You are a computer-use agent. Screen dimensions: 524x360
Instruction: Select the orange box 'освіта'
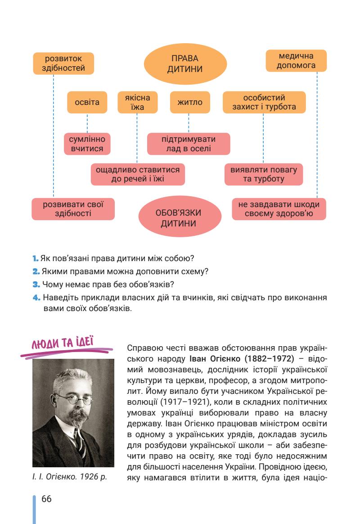(x=87, y=102)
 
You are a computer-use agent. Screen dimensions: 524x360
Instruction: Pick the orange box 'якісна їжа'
(x=135, y=103)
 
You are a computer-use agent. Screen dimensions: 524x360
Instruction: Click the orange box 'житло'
(x=188, y=103)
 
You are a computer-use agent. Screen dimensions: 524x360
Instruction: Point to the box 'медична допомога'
(x=296, y=61)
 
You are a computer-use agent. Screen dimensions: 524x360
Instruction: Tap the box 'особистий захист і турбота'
(x=264, y=103)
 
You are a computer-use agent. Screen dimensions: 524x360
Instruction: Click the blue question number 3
(x=36, y=285)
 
